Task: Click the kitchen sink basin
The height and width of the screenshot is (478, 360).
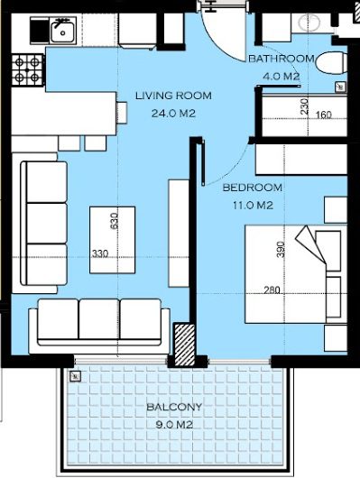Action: tap(62, 32)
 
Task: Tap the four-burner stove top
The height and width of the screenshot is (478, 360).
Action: tap(28, 69)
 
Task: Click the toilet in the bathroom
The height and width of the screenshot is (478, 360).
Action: tap(331, 64)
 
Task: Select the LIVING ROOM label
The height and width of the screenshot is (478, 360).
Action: tap(173, 96)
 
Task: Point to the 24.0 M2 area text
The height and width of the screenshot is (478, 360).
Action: tap(173, 114)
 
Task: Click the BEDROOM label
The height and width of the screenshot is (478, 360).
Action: tap(253, 188)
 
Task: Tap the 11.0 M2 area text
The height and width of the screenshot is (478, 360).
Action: tap(253, 206)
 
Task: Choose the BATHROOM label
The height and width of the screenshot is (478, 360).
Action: tap(282, 59)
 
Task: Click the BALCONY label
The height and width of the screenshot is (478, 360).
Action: tap(174, 407)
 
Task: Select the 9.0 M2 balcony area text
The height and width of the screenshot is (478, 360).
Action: tap(174, 425)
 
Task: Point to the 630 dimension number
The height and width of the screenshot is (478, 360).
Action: tap(114, 221)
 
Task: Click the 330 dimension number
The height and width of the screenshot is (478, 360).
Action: tap(100, 253)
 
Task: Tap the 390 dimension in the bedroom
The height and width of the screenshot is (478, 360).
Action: tap(281, 249)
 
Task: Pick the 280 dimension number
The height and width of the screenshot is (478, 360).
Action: tap(272, 290)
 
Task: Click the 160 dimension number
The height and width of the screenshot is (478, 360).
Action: tap(323, 115)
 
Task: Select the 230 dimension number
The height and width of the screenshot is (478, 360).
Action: tap(304, 106)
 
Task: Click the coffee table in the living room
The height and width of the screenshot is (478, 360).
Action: tap(113, 240)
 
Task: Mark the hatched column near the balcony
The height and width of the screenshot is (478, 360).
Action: tap(185, 345)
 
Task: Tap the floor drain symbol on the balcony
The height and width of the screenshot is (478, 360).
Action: tap(75, 377)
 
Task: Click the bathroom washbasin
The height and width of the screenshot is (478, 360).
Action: tap(309, 22)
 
